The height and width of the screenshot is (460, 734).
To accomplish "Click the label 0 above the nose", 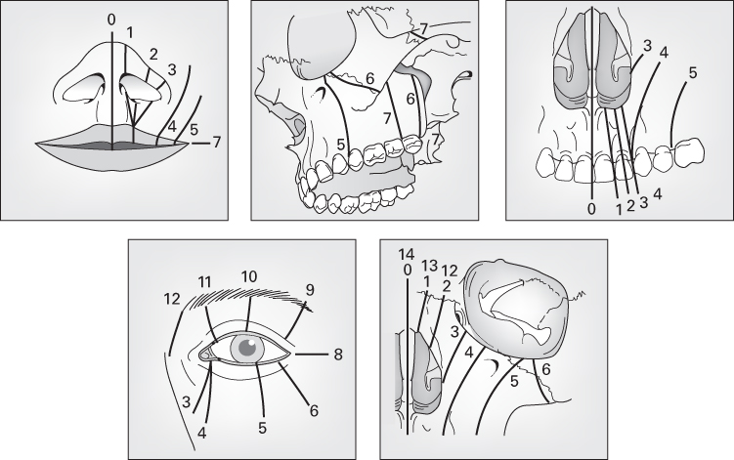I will click(111, 19).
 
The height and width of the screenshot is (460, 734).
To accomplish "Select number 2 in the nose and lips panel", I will click(153, 54).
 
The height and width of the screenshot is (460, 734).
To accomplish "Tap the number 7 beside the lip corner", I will click(216, 143).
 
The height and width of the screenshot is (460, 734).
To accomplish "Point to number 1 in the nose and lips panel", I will click(130, 33).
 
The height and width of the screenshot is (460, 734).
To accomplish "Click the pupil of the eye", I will click(247, 346).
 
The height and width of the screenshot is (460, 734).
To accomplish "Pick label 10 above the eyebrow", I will click(248, 277).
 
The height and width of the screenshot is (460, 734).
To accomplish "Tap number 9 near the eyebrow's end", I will click(311, 289).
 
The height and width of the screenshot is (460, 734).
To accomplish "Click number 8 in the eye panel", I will click(337, 354).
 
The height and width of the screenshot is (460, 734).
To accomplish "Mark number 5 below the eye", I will click(263, 427).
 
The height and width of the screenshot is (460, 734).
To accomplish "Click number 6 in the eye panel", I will click(315, 411).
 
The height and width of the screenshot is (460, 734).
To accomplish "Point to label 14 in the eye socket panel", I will click(408, 254).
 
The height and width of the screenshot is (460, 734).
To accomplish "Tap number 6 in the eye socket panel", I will click(545, 368).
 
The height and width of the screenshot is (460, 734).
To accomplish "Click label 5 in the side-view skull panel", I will click(341, 145).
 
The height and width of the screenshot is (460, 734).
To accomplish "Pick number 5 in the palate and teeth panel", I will click(692, 72).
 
